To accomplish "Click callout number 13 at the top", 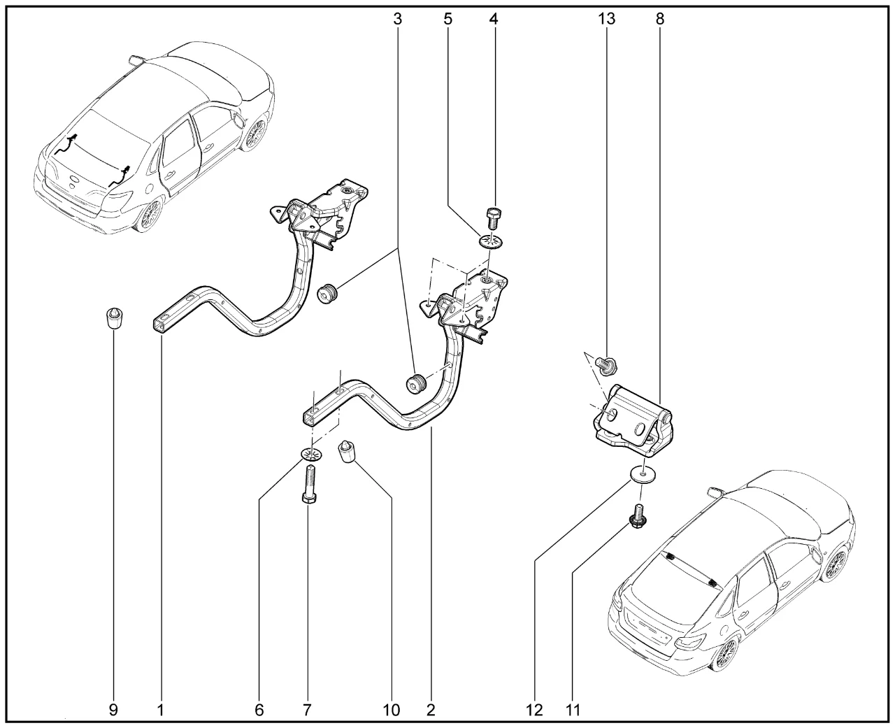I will pos(606,19).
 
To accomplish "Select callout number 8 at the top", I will pos(660,19).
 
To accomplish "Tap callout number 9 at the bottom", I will pos(113,711).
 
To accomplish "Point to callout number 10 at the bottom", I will pos(392,711).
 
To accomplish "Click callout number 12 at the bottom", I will pos(534,711).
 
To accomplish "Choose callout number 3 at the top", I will pos(398,19).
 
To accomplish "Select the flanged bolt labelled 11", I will pos(637,517).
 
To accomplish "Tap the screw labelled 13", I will pos(606,363).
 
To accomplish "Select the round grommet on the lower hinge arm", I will pos(417,384).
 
